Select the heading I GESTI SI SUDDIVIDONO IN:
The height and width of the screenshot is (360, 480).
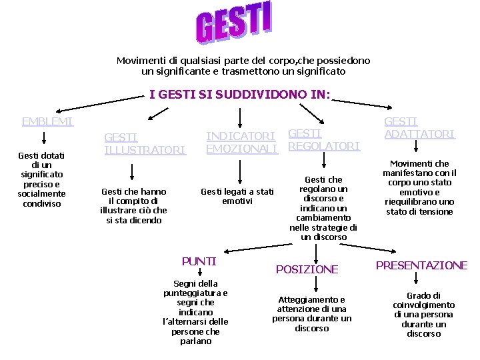pyautogui.click(x=239, y=95)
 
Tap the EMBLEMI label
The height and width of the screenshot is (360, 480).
pyautogui.click(x=47, y=121)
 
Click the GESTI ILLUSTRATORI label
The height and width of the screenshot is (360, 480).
pyautogui.click(x=144, y=144)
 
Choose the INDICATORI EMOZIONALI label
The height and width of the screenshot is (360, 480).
pyautogui.click(x=241, y=142)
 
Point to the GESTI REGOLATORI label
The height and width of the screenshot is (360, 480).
pyautogui.click(x=323, y=139)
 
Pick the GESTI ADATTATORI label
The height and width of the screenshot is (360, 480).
pyautogui.click(x=419, y=127)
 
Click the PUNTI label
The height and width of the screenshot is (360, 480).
pyautogui.click(x=199, y=261)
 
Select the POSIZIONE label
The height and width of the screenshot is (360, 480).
pyautogui.click(x=307, y=269)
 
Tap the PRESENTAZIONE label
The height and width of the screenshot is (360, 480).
pyautogui.click(x=421, y=265)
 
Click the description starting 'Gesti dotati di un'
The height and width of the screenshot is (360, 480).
pyautogui.click(x=41, y=179)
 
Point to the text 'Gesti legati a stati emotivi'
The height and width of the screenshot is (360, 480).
pyautogui.click(x=237, y=196)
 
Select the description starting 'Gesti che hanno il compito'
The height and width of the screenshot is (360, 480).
pyautogui.click(x=134, y=205)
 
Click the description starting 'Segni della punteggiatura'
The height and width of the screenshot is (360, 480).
pyautogui.click(x=195, y=312)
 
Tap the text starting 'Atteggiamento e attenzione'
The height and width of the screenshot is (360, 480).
pyautogui.click(x=311, y=313)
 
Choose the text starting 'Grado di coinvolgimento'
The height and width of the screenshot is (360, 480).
pyautogui.click(x=423, y=314)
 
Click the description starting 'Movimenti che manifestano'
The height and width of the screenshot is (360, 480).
pyautogui.click(x=419, y=187)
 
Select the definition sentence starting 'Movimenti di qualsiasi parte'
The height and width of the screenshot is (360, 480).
pyautogui.click(x=243, y=65)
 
